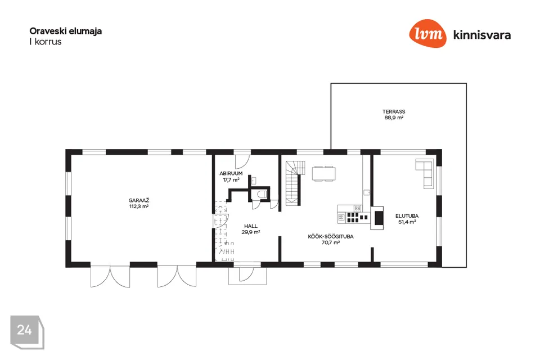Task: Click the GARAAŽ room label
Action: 139,200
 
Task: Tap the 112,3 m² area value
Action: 139,206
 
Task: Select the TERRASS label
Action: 394,111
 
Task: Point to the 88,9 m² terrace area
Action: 394,118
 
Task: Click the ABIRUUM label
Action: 231,174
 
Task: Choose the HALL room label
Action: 251,226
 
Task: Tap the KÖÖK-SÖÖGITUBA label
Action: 331,237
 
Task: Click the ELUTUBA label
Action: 407,216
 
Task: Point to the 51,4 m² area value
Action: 407,222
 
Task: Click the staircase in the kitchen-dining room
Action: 294,183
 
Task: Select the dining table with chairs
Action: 324,173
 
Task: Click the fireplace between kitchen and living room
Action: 377,218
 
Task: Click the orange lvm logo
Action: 427,33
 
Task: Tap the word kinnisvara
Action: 482,35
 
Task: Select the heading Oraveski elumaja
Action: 65,31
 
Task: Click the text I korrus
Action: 46,42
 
